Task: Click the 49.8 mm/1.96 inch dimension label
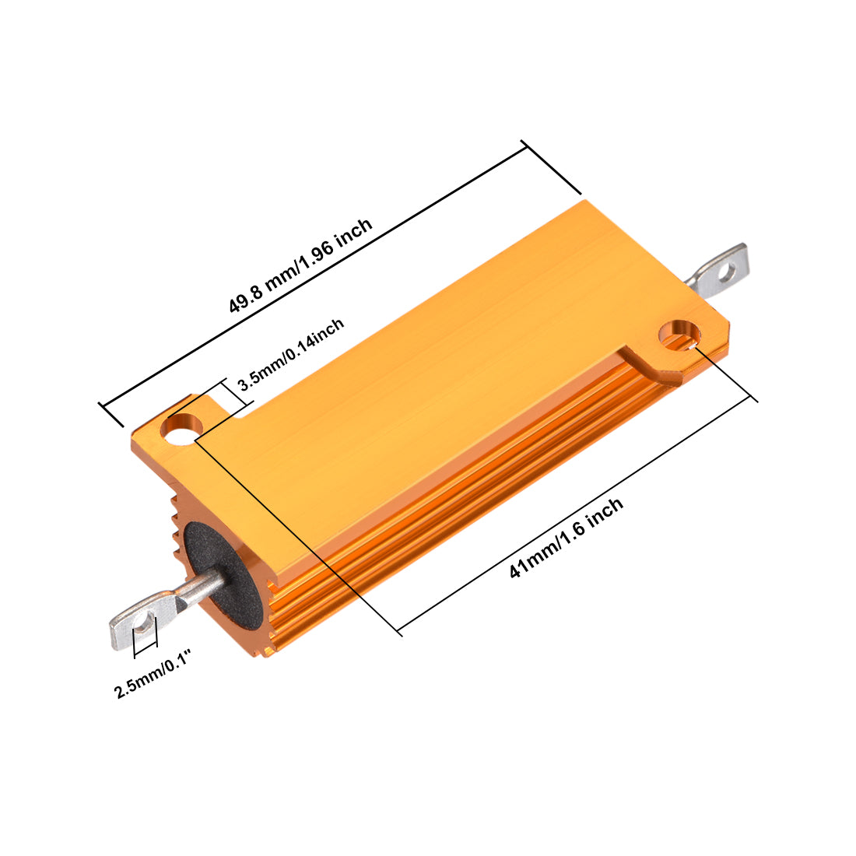click(300, 265)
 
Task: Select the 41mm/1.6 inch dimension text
click(566, 538)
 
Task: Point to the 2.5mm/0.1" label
click(153, 679)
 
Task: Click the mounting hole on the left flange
click(182, 428)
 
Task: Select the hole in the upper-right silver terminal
click(728, 272)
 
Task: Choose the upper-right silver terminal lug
click(720, 274)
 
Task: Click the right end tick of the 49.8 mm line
click(552, 167)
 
